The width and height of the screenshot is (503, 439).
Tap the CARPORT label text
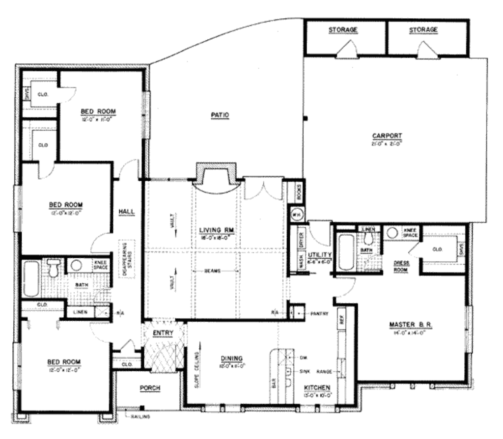387,136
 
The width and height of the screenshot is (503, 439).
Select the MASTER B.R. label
410,325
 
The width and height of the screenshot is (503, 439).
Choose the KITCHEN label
316,388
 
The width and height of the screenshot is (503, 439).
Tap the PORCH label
150,388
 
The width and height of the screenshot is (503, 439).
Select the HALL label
126,211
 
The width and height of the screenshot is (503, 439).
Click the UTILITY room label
320,254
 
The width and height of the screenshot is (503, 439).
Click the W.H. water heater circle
296,214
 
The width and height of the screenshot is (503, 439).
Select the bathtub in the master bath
346,252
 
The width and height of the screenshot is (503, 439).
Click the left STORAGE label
343,30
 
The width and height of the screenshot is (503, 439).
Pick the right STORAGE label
423,30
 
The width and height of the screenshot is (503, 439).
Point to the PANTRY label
319,313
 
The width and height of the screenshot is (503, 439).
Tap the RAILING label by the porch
140,416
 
